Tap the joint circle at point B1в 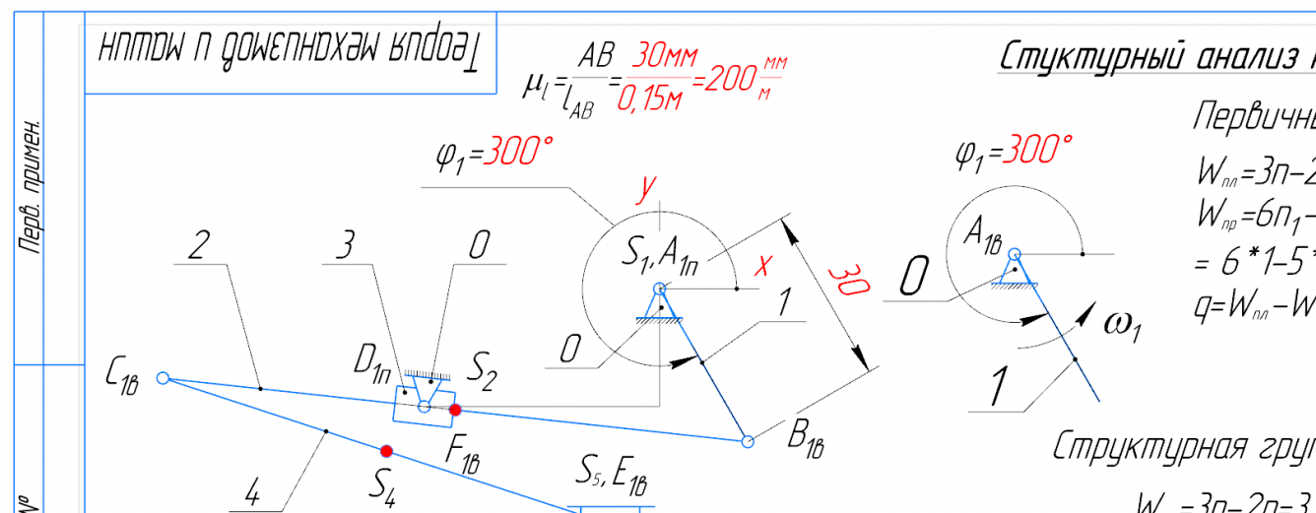(x=748, y=441)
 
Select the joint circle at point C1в (x=164, y=377)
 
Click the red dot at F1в (x=455, y=409)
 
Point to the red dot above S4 (x=387, y=451)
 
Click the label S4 (x=382, y=484)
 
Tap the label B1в (x=804, y=446)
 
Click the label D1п (x=372, y=363)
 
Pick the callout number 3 (x=344, y=246)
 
